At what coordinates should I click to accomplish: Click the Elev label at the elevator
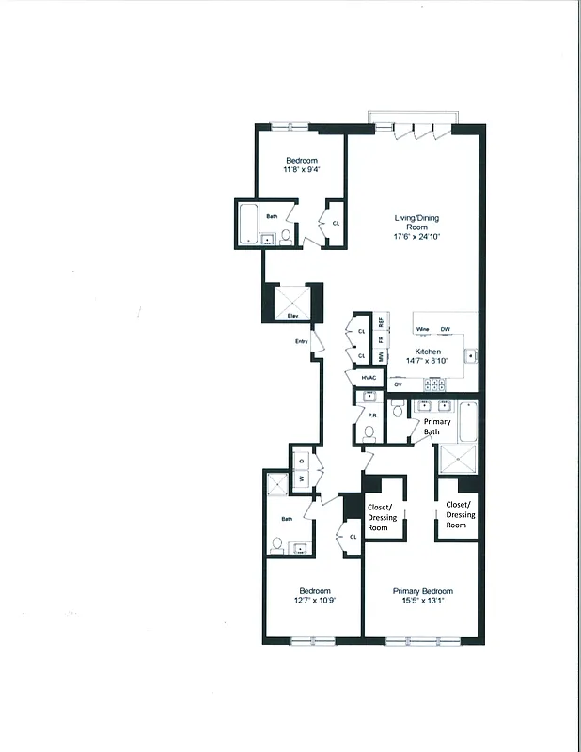click(x=292, y=317)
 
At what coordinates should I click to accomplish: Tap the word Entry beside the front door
click(x=302, y=341)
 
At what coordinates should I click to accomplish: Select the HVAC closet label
click(x=369, y=378)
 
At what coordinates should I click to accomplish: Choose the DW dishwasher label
click(x=446, y=329)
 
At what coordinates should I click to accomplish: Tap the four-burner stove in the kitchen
click(x=434, y=384)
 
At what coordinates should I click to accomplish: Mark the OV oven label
click(x=398, y=384)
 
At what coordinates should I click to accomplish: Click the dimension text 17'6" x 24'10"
click(x=416, y=237)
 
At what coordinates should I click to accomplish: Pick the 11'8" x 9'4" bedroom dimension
click(x=302, y=170)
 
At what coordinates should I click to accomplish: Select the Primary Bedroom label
click(x=422, y=591)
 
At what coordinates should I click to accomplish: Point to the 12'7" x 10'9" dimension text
click(x=314, y=601)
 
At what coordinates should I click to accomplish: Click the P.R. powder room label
click(x=371, y=415)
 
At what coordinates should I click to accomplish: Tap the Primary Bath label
click(x=437, y=427)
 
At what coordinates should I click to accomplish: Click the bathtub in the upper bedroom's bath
click(x=249, y=224)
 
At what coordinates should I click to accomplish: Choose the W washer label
click(x=303, y=478)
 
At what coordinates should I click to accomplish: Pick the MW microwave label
click(x=381, y=356)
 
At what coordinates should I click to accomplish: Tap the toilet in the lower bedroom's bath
click(x=277, y=543)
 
